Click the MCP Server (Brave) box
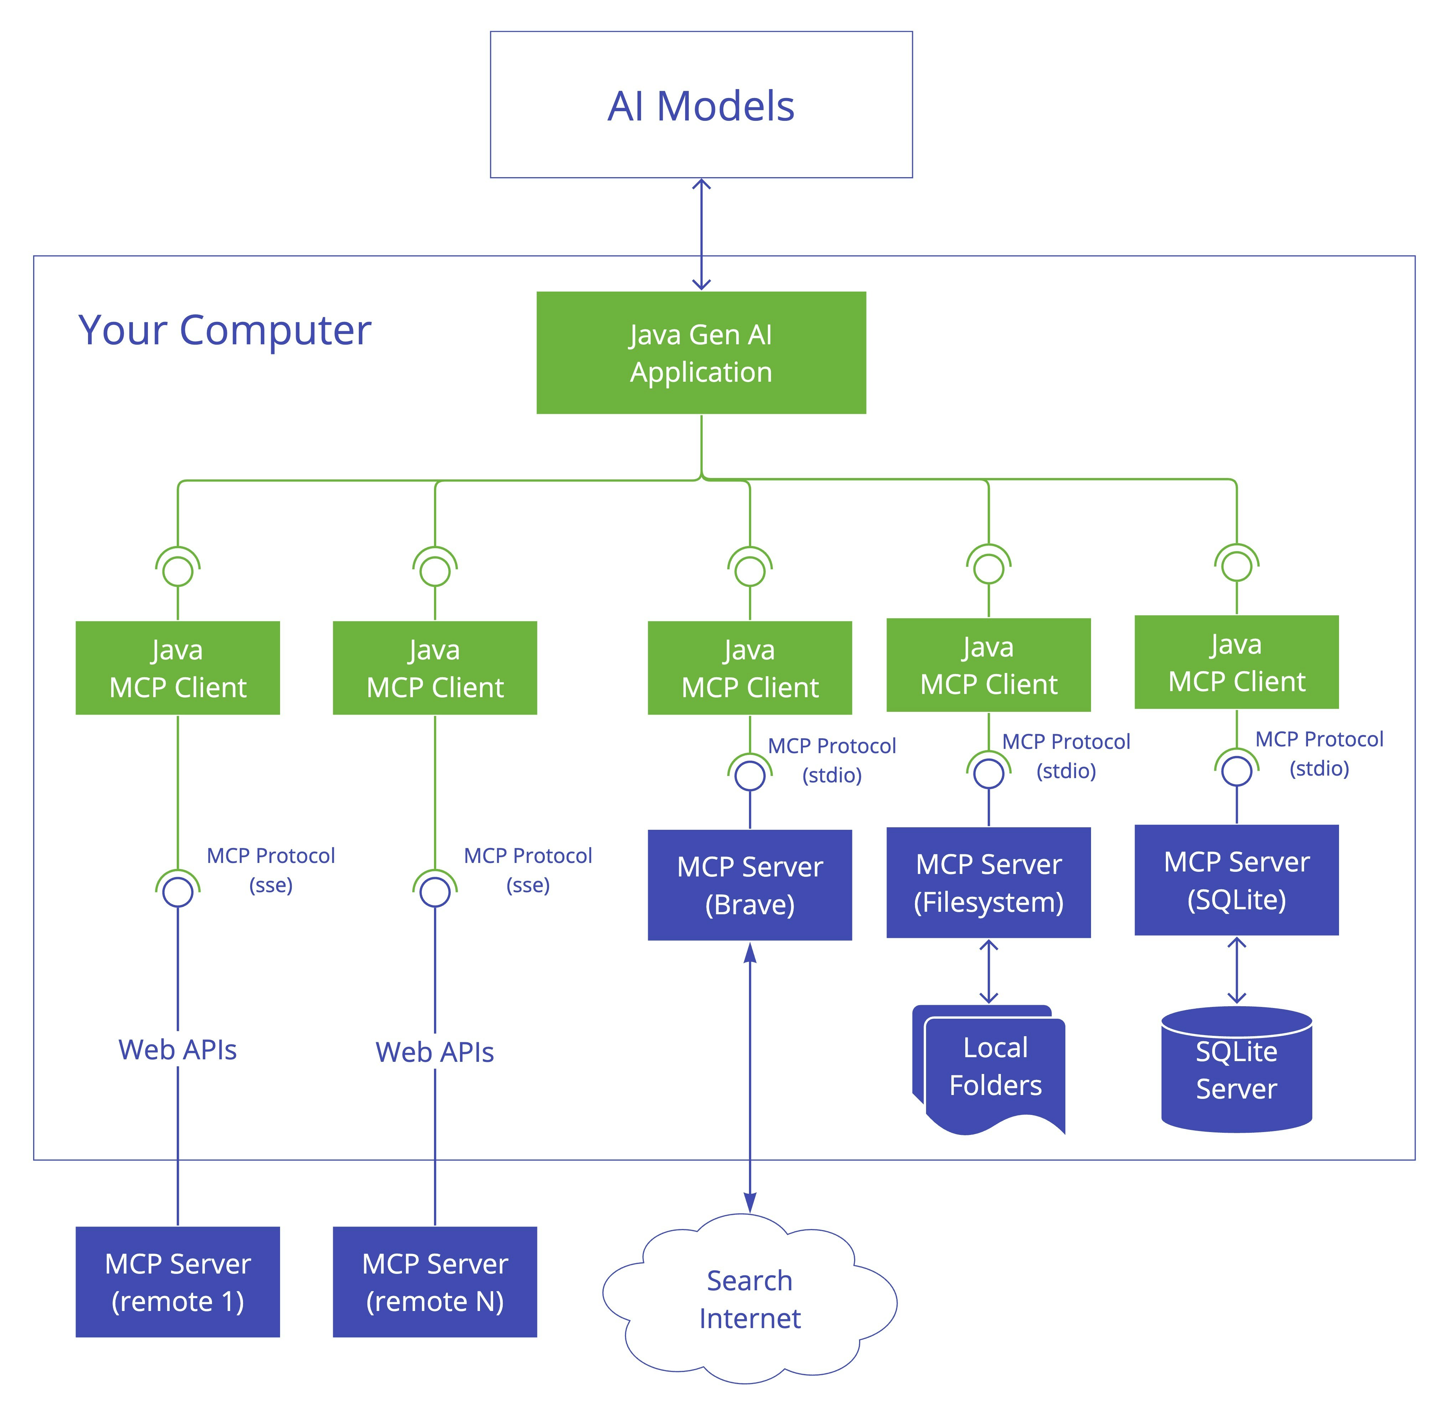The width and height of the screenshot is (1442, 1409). (749, 885)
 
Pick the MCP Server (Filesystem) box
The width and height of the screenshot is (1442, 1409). (988, 882)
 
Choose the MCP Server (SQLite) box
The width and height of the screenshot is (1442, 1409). (1236, 880)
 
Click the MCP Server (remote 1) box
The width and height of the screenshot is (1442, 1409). (177, 1282)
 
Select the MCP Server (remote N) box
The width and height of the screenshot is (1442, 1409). (434, 1282)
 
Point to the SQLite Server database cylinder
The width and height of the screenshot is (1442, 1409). (1236, 1070)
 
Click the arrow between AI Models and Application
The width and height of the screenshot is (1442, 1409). (701, 234)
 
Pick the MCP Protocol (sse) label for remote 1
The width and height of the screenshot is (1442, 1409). (271, 870)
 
